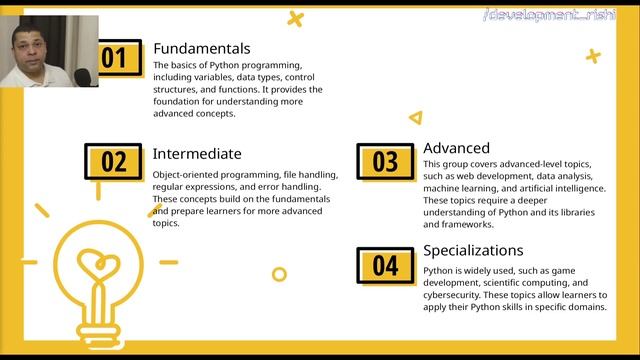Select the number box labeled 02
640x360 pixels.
pyautogui.click(x=113, y=162)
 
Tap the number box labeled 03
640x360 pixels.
pyautogui.click(x=385, y=161)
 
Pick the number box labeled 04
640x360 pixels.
pyautogui.click(x=385, y=265)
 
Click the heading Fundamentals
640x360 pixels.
pyautogui.click(x=201, y=48)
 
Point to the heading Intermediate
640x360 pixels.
pyautogui.click(x=197, y=154)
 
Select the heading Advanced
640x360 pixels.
pyautogui.click(x=456, y=148)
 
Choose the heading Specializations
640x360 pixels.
pyautogui.click(x=473, y=250)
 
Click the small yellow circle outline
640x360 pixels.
pyautogui.click(x=280, y=274)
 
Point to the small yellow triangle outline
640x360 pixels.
pyautogui.click(x=415, y=118)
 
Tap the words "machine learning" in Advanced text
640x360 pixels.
pyautogui.click(x=465, y=188)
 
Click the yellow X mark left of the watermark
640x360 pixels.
pyautogui.click(x=294, y=17)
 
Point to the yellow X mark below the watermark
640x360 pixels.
pyautogui.click(x=592, y=56)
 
